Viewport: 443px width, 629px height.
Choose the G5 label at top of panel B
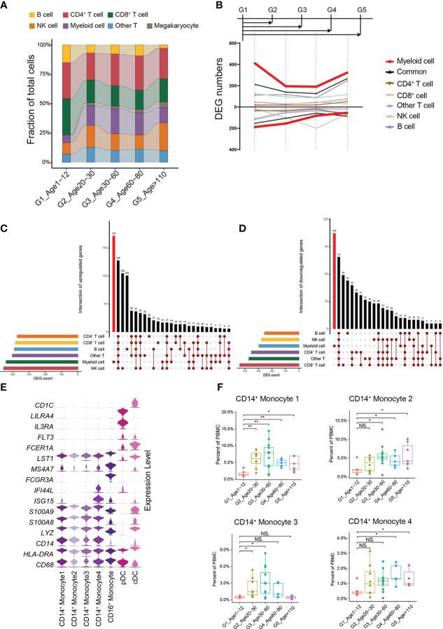[x=361, y=8]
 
